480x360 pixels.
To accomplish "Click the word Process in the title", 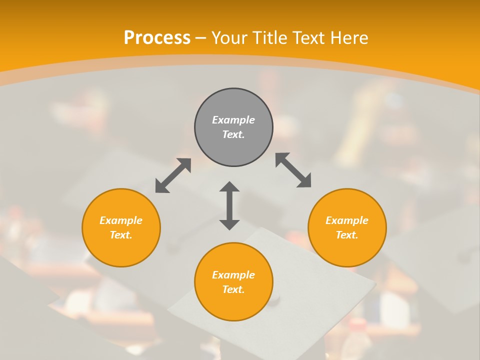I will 157,38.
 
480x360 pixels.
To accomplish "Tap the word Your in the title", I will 231,38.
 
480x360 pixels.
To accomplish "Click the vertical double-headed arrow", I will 229,206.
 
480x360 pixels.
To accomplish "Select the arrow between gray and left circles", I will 173,175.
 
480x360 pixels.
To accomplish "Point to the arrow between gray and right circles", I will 293,170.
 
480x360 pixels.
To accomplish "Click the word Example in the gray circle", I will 233,120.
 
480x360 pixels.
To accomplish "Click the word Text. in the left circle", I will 121,235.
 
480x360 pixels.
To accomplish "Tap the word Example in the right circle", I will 347,220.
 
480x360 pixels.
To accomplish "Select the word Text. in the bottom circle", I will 233,289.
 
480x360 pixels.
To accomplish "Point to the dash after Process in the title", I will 200,38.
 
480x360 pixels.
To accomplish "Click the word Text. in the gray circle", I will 233,134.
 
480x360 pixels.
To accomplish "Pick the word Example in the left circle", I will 121,220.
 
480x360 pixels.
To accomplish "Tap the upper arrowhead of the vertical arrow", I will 229,187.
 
